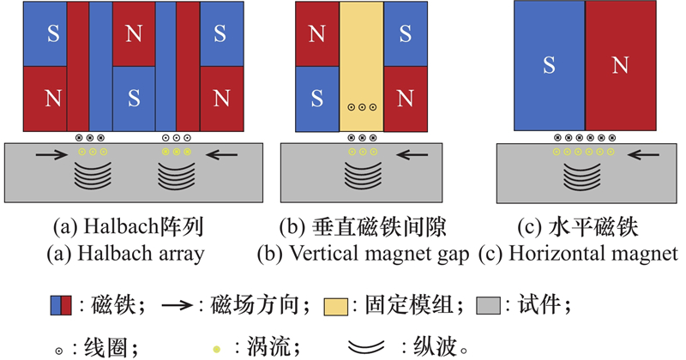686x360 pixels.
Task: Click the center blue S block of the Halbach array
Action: coord(133,96)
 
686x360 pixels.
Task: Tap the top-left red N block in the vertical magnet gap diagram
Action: coord(316,33)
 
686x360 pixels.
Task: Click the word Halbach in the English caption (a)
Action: coord(117,254)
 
